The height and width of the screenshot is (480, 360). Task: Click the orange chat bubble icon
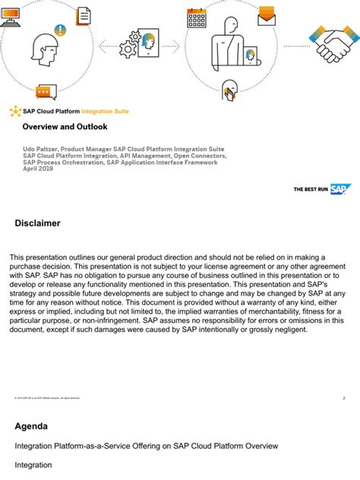46,92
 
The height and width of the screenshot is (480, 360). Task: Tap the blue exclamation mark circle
60,31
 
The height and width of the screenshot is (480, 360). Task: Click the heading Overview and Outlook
65,127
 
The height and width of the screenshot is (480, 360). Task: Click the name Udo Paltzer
39,150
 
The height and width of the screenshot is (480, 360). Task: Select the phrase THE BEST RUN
310,189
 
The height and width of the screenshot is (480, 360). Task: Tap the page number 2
344,397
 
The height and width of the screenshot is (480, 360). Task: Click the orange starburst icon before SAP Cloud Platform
15,112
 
